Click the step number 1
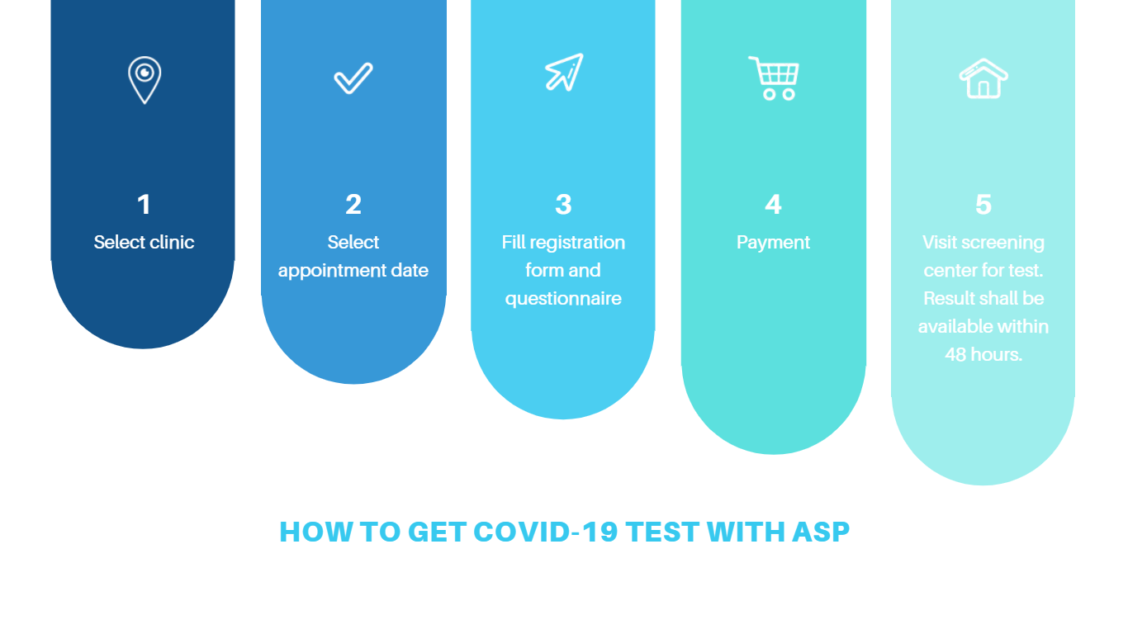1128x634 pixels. click(x=144, y=205)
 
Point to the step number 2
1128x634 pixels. click(x=353, y=205)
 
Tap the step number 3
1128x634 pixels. click(x=563, y=205)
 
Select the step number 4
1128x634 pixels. click(x=774, y=205)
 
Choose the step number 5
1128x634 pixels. click(x=983, y=205)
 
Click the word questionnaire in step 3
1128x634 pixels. click(x=563, y=299)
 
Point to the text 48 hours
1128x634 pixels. click(x=983, y=354)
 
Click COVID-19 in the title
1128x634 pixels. click(x=545, y=532)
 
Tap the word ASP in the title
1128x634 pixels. click(x=821, y=532)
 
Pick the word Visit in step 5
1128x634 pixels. click(x=939, y=242)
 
